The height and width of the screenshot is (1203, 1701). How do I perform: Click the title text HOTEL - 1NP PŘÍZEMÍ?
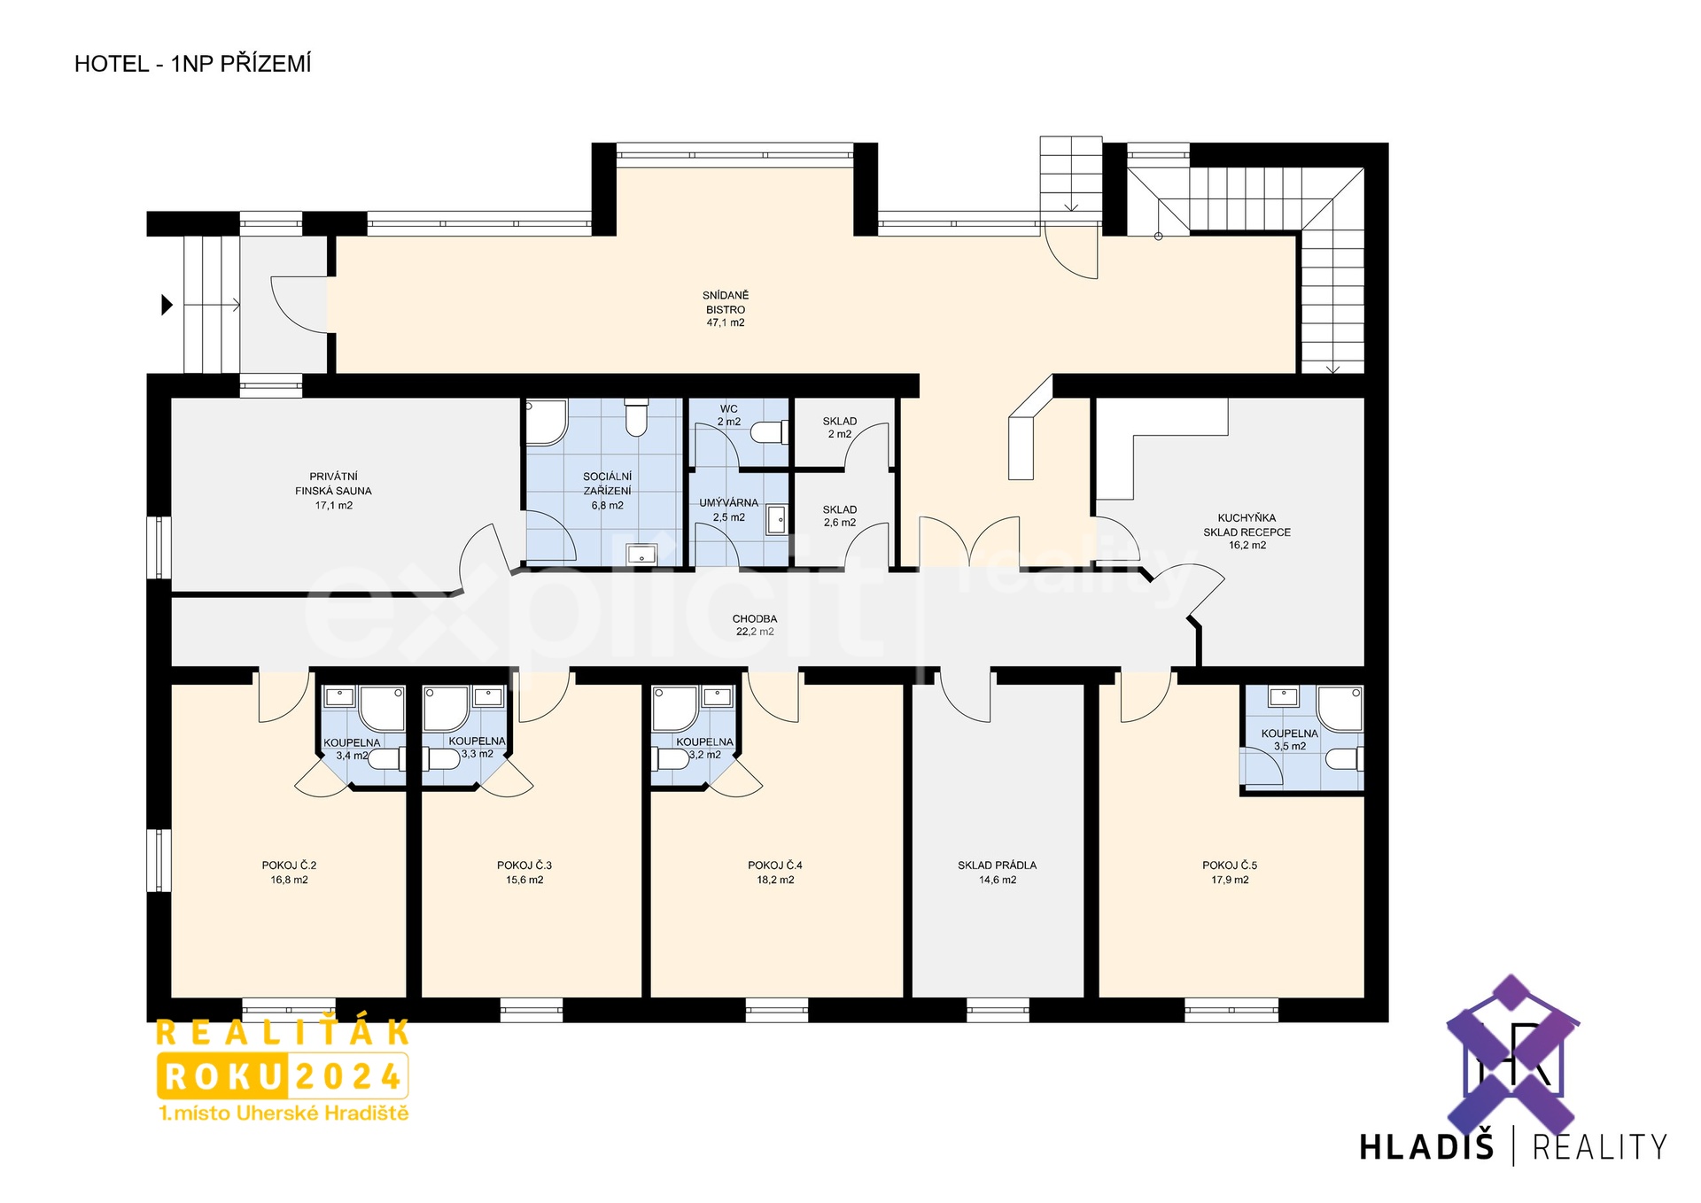coord(192,64)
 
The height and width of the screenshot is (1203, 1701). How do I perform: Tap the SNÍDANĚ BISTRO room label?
coord(726,309)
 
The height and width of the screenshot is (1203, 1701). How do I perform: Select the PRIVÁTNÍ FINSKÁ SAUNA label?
coord(333,491)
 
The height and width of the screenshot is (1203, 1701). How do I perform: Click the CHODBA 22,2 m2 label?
coord(755,625)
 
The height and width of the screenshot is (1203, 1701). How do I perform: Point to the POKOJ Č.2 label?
coord(289,865)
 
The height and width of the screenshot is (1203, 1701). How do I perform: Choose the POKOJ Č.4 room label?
coord(775,865)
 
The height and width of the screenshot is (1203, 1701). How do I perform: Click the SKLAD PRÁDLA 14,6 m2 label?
coord(997,873)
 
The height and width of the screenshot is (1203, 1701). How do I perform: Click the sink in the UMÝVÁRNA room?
coord(776,519)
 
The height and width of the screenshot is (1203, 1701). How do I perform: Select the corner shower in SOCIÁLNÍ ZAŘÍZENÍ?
coord(547,423)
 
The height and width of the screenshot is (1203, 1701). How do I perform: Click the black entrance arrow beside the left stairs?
coord(167,305)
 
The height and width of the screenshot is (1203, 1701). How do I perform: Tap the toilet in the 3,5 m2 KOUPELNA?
coord(1344,759)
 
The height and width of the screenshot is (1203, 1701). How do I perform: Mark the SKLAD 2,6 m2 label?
coord(840,516)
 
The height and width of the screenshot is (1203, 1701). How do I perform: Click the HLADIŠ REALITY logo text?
coord(1513,1147)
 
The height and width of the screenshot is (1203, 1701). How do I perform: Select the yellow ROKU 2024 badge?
coord(283,1076)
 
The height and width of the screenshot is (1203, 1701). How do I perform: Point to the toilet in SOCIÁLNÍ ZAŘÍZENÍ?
coord(636,417)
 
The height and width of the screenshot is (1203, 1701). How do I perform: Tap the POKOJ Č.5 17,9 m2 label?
coord(1230,873)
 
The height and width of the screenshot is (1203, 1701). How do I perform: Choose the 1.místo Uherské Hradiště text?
coord(283,1114)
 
